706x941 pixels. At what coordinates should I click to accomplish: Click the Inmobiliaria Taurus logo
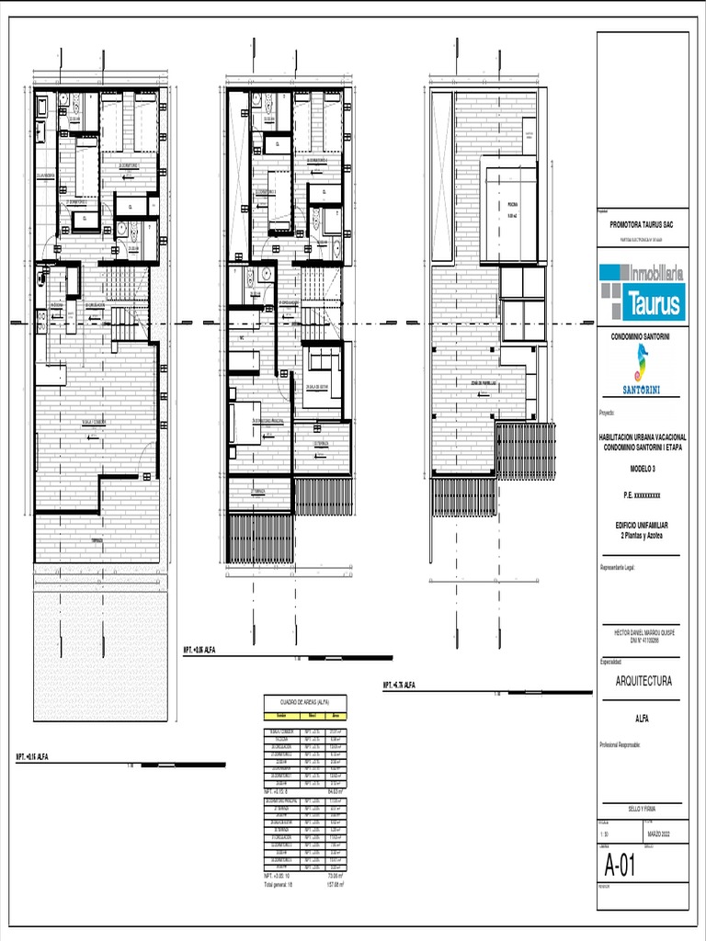point(641,290)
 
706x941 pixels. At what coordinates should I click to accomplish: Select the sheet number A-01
point(621,865)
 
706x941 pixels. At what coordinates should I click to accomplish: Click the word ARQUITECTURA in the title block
point(643,681)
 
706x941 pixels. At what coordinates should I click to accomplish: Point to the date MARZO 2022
point(660,834)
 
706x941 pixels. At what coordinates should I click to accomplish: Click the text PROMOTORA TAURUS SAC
point(642,224)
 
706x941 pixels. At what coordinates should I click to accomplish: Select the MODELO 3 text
point(642,469)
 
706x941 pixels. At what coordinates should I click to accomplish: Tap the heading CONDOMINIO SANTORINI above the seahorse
point(641,337)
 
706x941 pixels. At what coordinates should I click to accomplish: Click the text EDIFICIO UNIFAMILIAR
point(642,525)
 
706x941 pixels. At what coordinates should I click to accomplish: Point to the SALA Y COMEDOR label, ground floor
point(95,422)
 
